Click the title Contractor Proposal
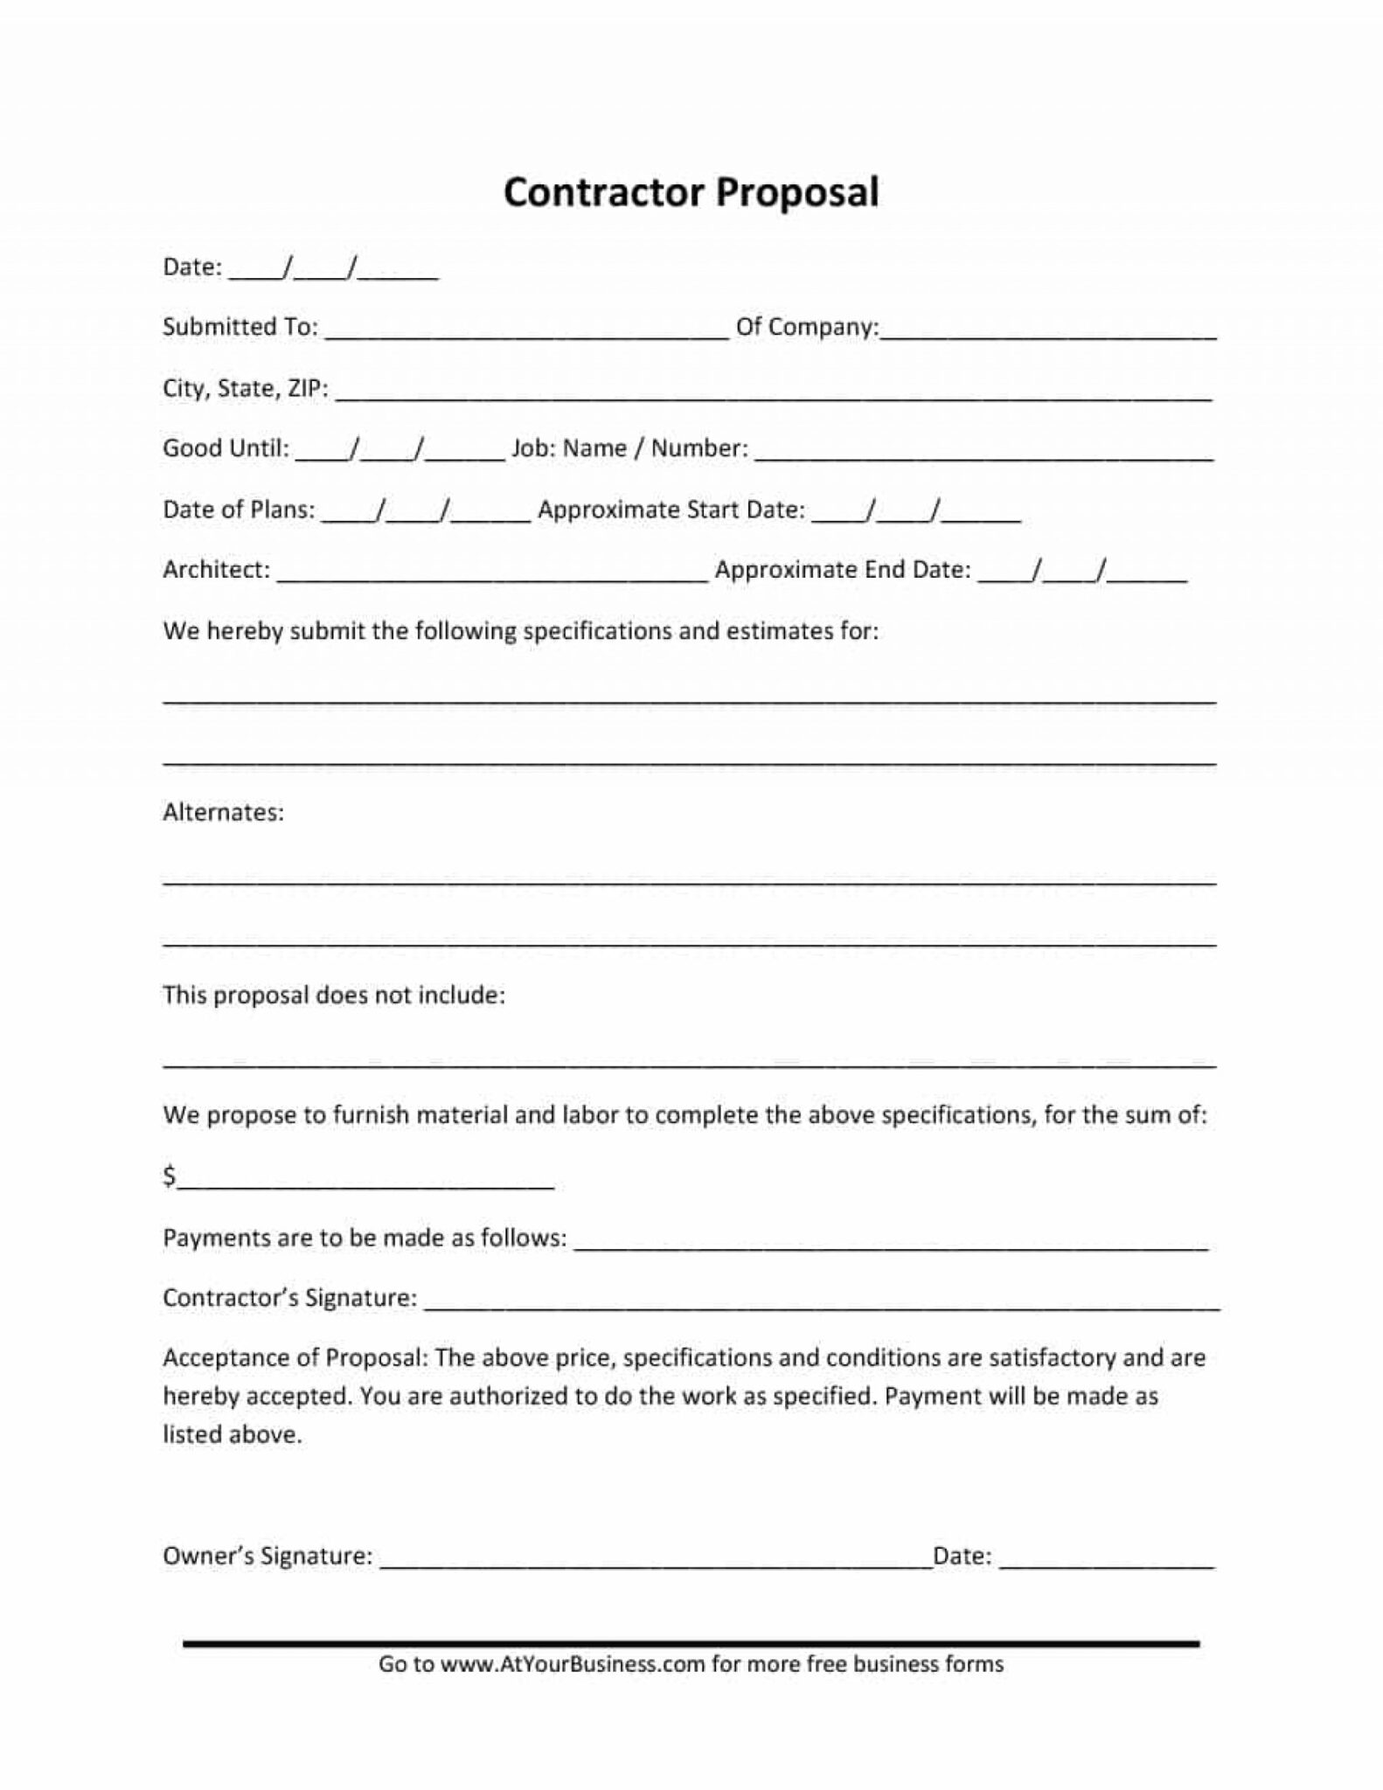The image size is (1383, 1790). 691,193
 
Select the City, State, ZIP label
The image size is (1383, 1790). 245,388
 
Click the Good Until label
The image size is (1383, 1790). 226,448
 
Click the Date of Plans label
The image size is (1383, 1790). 239,510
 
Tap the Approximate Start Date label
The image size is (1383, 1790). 671,510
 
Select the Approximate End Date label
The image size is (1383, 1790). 843,570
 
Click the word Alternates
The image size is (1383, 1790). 223,813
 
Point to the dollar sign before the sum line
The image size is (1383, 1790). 170,1176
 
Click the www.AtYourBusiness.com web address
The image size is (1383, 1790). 572,1664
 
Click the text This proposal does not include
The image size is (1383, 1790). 334,996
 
